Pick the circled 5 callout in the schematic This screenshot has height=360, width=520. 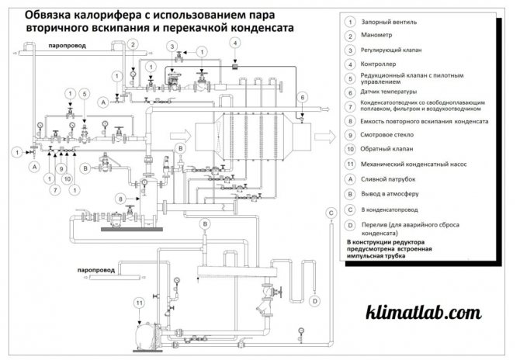84,94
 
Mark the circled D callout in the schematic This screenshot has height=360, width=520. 314,299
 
